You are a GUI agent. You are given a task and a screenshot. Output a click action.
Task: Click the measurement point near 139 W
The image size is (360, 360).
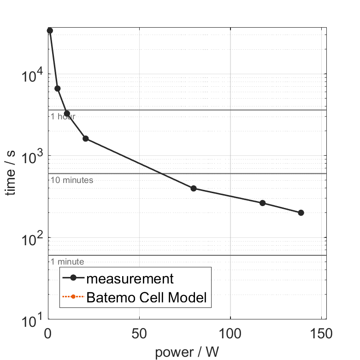click(301, 212)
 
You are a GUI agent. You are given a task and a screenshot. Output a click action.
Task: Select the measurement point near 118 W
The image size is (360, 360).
click(263, 203)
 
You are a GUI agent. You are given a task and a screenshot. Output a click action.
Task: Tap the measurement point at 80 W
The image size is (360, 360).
click(194, 188)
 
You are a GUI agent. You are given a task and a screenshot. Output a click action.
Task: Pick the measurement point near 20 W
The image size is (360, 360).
click(85, 138)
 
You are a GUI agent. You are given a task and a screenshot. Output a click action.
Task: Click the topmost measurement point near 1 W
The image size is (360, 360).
click(50, 30)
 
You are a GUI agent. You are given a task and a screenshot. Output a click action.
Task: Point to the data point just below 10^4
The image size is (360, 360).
click(58, 89)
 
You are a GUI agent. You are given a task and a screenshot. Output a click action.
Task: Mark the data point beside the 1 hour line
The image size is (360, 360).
click(67, 113)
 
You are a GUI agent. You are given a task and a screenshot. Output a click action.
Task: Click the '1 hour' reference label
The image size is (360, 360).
click(63, 117)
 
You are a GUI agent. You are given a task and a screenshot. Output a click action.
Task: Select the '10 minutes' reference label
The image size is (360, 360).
click(72, 180)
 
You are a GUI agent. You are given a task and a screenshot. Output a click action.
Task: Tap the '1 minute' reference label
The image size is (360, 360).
click(67, 262)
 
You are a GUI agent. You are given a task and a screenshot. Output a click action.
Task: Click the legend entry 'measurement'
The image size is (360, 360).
click(130, 279)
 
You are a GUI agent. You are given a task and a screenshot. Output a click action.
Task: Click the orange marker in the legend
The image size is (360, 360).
click(73, 297)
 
